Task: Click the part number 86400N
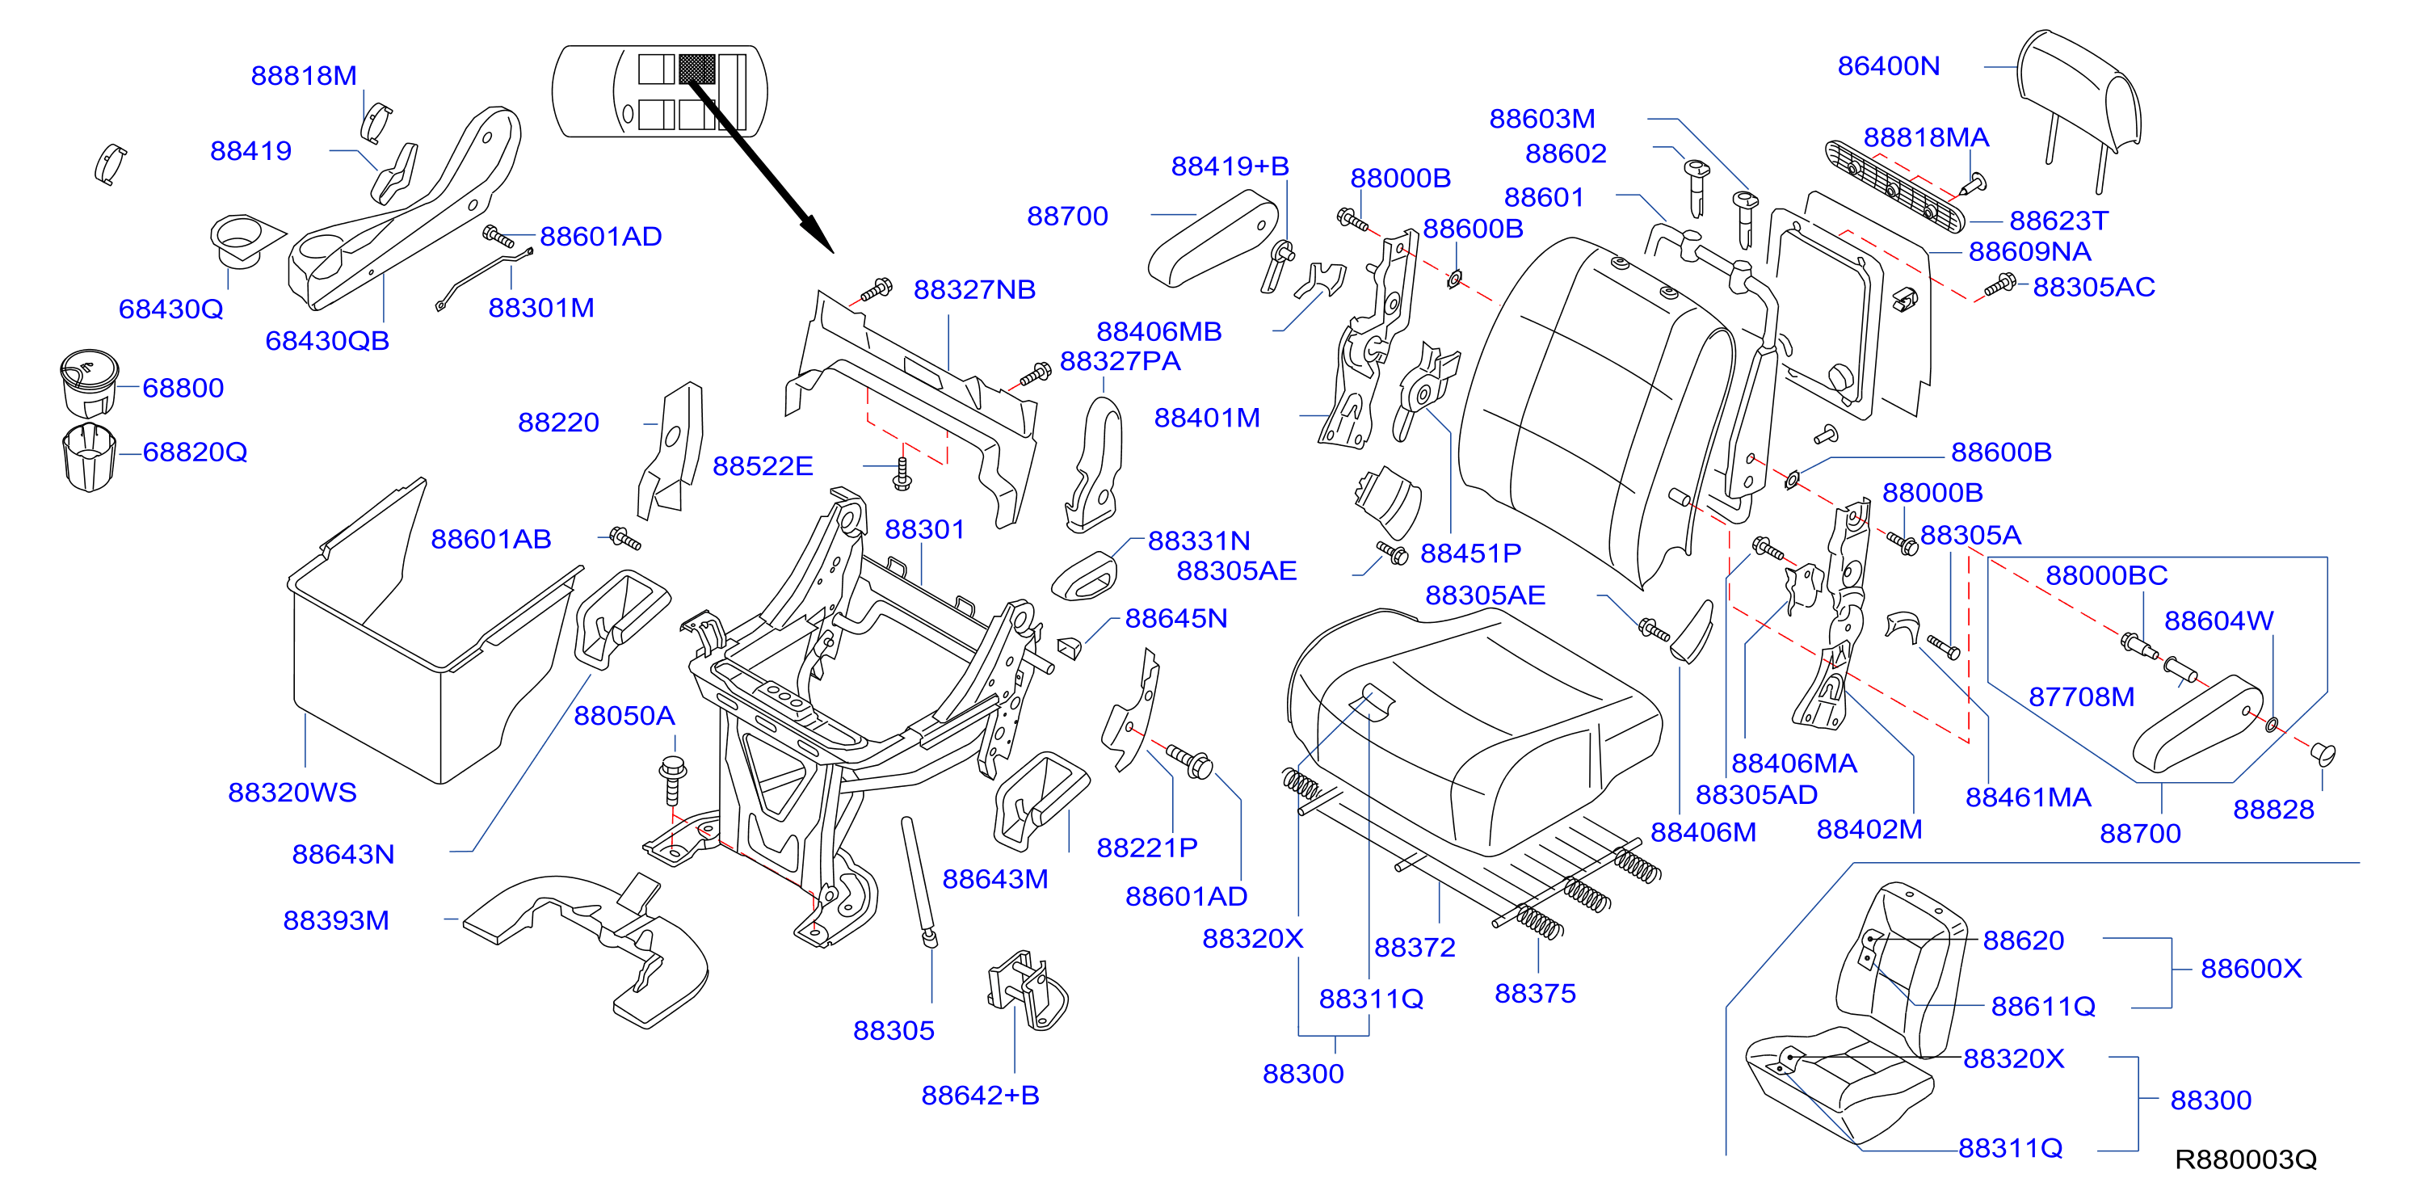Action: click(x=1888, y=66)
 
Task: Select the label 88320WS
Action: click(x=292, y=792)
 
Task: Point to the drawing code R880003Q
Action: click(x=2245, y=1159)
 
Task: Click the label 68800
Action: click(x=183, y=388)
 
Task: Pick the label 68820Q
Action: click(x=195, y=452)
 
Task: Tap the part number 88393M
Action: click(x=336, y=920)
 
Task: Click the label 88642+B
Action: click(x=981, y=1096)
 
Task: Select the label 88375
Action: click(x=1535, y=994)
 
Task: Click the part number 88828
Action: click(x=2273, y=810)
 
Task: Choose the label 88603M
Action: click(x=1541, y=119)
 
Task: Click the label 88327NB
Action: click(x=975, y=290)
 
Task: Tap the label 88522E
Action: click(x=763, y=466)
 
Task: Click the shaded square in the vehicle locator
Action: click(x=697, y=68)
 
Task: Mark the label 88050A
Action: click(x=624, y=716)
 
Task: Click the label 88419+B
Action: click(x=1230, y=166)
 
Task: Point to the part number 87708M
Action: click(x=2081, y=697)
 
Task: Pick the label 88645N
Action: click(x=1176, y=619)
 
